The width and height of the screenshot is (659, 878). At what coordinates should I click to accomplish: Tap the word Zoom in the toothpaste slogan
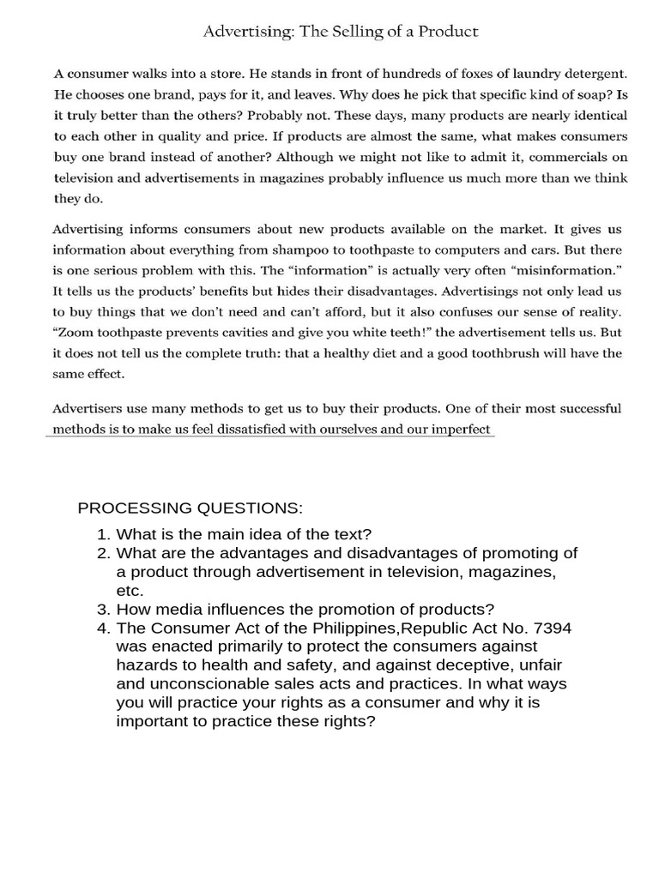pos(74,332)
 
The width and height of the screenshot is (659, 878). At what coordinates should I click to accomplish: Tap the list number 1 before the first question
pos(103,534)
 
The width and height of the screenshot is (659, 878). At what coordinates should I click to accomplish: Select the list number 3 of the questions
pos(103,610)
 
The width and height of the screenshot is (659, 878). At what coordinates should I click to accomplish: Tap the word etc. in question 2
pos(130,592)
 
